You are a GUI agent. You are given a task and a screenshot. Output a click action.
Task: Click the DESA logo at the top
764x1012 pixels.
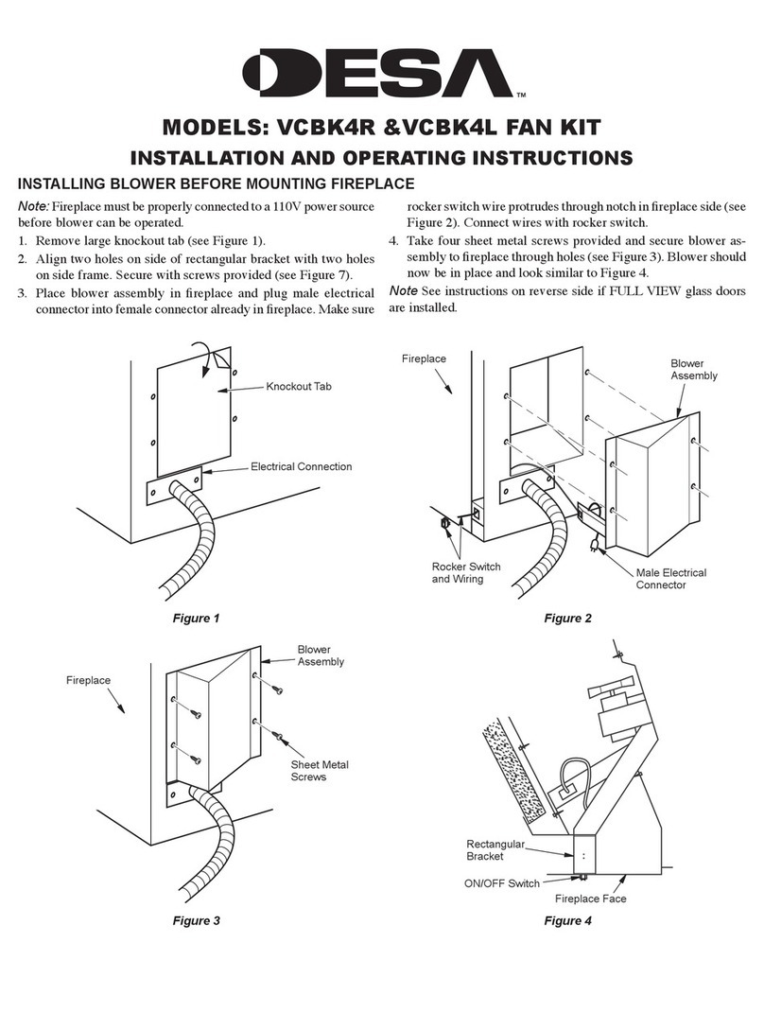[x=382, y=74]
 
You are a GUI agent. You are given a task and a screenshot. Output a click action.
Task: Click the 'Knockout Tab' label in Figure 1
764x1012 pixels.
[x=304, y=387]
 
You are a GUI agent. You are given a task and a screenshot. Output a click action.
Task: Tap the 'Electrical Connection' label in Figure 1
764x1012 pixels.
[x=301, y=466]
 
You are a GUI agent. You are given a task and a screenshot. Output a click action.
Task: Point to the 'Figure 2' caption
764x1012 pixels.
[x=567, y=619]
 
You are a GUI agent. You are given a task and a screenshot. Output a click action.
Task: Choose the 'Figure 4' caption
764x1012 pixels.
[x=567, y=920]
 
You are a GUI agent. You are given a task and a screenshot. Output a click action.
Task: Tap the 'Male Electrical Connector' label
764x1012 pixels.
[x=670, y=579]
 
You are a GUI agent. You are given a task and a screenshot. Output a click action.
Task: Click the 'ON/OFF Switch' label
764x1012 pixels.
[x=502, y=882]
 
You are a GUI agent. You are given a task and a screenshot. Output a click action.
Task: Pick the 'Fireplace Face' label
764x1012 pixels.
[x=590, y=899]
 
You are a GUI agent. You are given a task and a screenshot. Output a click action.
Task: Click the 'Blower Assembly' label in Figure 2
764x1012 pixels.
[x=693, y=369]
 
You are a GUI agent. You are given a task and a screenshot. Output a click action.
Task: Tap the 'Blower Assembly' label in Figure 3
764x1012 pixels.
[x=321, y=655]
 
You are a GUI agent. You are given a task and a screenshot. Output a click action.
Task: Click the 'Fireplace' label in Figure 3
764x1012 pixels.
[x=89, y=680]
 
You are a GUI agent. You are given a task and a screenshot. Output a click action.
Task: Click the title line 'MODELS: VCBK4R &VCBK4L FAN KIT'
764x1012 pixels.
[x=382, y=127]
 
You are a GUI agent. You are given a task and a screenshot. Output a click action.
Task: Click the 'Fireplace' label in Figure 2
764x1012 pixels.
[x=424, y=359]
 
